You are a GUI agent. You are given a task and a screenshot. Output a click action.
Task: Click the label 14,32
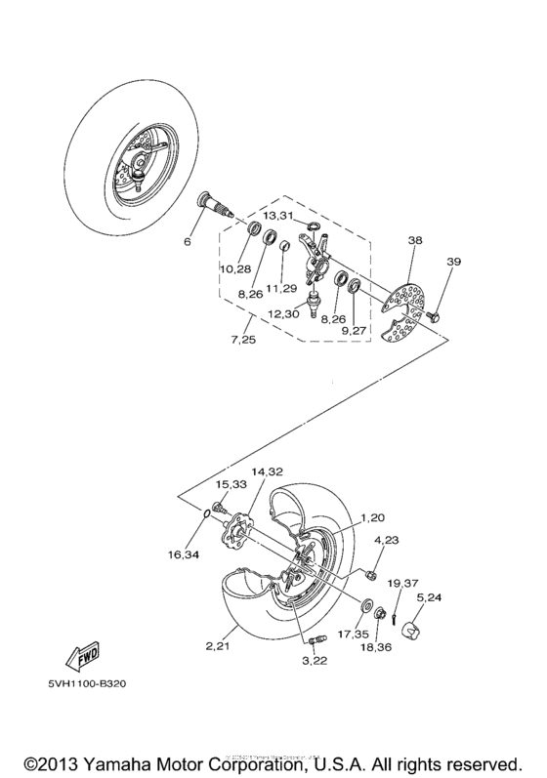[x=268, y=471]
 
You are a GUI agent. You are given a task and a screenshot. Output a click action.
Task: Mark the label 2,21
[x=220, y=647]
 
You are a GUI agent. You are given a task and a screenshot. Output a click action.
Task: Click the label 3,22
[x=314, y=662]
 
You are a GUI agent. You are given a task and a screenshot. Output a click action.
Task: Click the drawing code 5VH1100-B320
[x=82, y=684]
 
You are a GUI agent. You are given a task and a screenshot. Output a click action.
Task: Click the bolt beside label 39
[x=433, y=317]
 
